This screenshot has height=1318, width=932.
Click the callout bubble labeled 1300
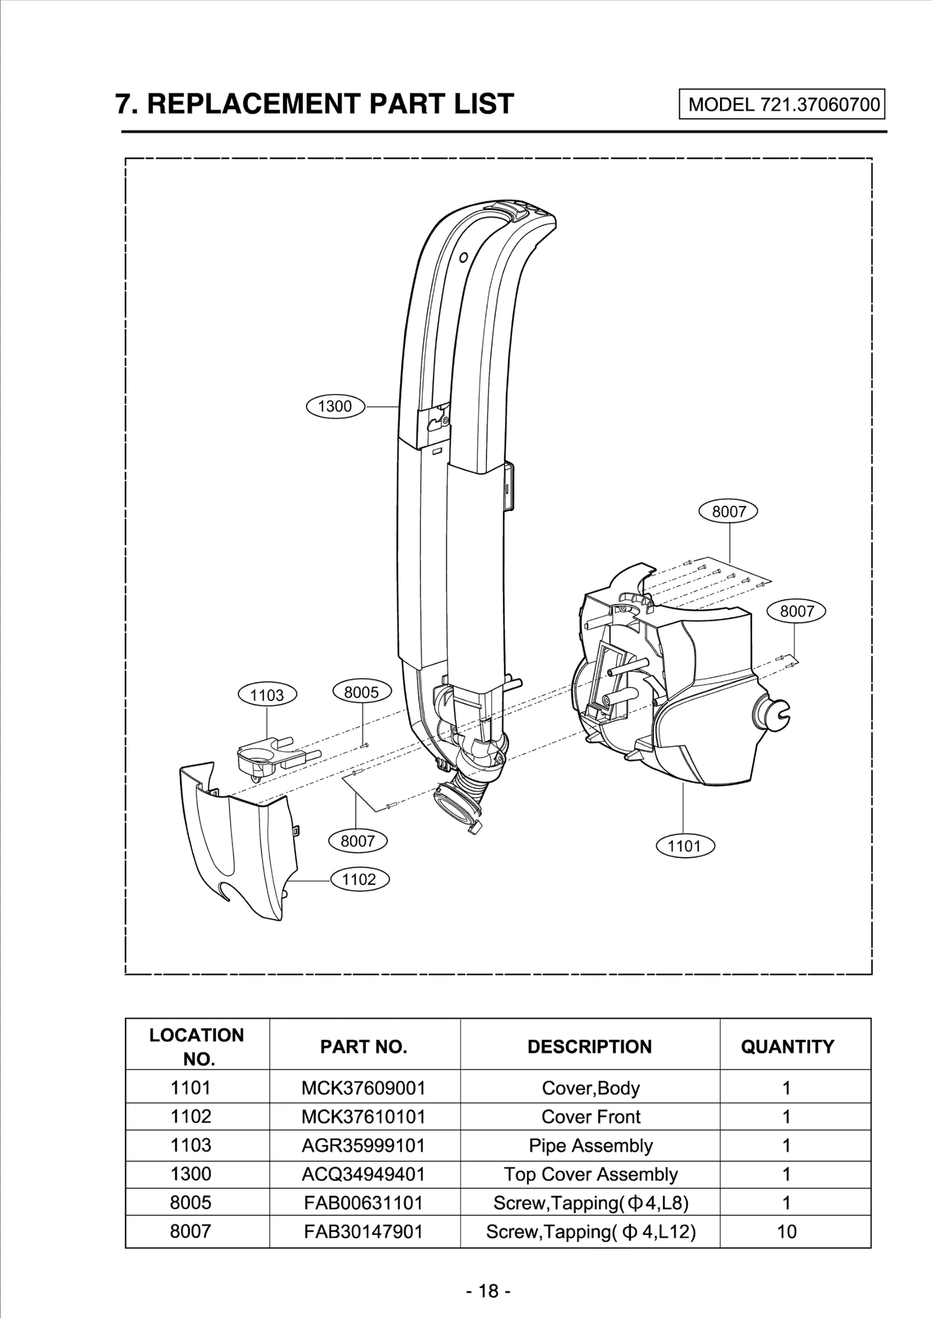[x=335, y=406]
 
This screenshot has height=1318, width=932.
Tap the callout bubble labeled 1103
[x=267, y=695]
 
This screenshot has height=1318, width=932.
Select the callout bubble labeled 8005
[x=361, y=692]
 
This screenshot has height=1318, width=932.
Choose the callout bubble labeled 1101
[x=685, y=846]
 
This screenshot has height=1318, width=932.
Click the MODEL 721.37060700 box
[x=782, y=104]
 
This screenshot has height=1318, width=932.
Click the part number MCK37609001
[x=363, y=1088]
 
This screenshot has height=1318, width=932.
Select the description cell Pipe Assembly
[x=590, y=1145]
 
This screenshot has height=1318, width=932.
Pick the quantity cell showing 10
[x=786, y=1231]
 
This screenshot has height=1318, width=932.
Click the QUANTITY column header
[x=788, y=1046]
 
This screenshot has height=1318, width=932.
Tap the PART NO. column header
[x=363, y=1046]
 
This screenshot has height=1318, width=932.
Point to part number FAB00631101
[x=363, y=1203]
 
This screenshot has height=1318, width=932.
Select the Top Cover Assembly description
[x=590, y=1174]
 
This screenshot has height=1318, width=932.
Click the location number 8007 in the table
[x=190, y=1231]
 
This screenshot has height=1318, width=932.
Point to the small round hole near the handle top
[x=464, y=257]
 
